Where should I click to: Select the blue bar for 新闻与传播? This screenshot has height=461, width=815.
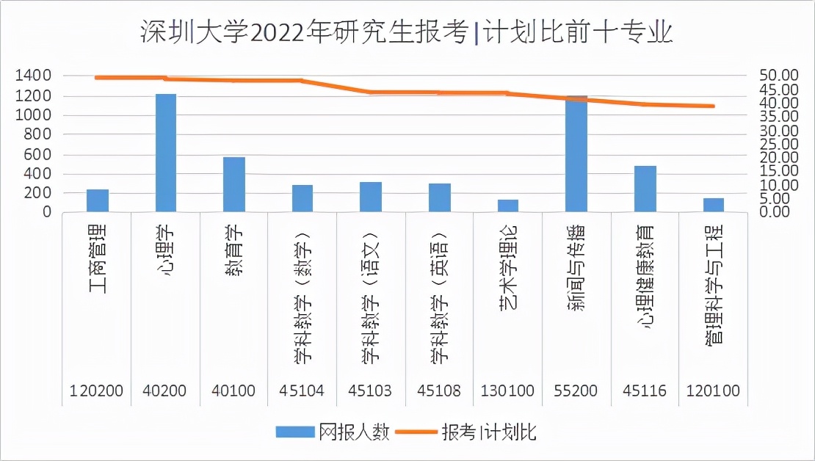tap(576, 153)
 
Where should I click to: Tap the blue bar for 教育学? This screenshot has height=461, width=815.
tap(234, 184)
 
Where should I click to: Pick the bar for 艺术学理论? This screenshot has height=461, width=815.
tap(508, 206)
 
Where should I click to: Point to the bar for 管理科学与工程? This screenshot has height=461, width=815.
tap(713, 205)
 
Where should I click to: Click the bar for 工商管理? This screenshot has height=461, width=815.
tap(98, 200)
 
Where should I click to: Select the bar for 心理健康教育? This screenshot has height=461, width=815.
tap(645, 189)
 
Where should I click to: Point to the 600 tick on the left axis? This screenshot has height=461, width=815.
tap(38, 154)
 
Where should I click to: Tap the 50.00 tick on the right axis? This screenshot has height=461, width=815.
tap(778, 76)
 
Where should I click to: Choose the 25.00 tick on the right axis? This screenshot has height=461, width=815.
tap(778, 144)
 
